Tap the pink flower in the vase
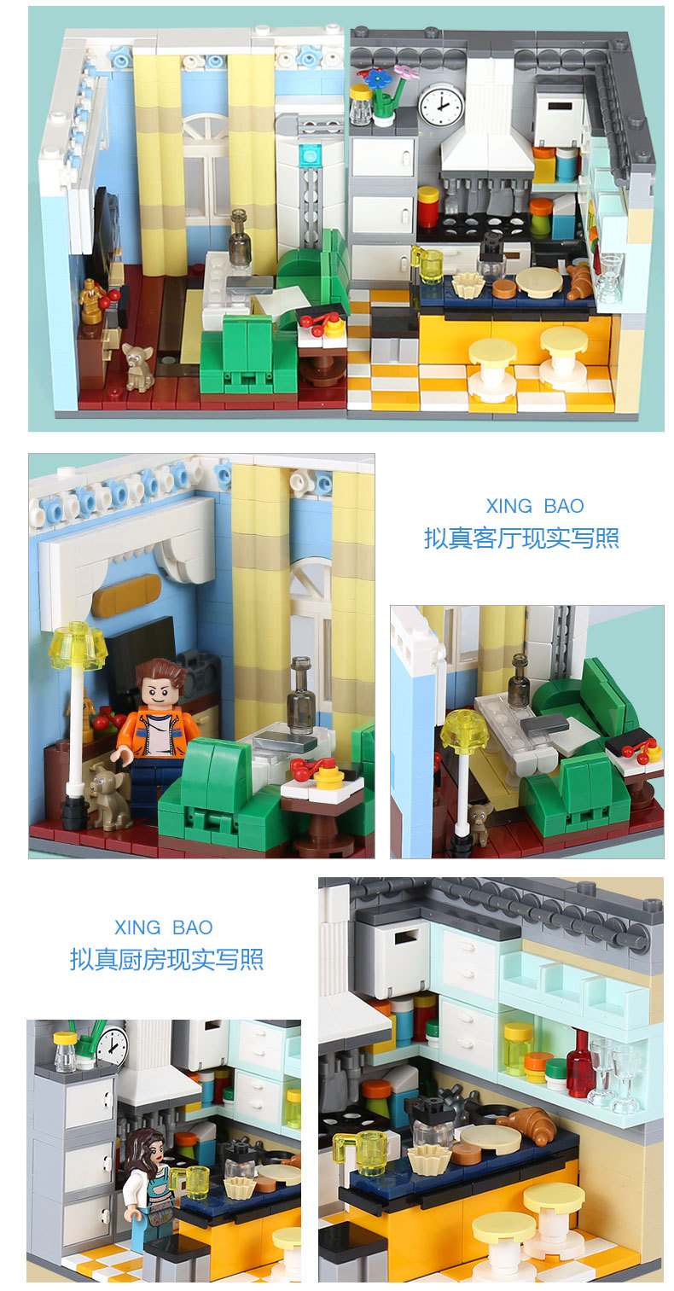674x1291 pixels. pos(406,73)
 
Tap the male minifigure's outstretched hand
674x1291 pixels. pos(120,755)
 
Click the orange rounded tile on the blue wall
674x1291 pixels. pos(126,595)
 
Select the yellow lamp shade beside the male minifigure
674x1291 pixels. pos(78,645)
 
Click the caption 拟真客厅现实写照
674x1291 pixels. pos(521,538)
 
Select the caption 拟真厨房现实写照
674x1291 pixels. pos(166,959)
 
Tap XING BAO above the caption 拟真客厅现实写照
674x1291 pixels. pos(535,506)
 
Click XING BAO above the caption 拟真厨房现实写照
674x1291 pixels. pos(163,928)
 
